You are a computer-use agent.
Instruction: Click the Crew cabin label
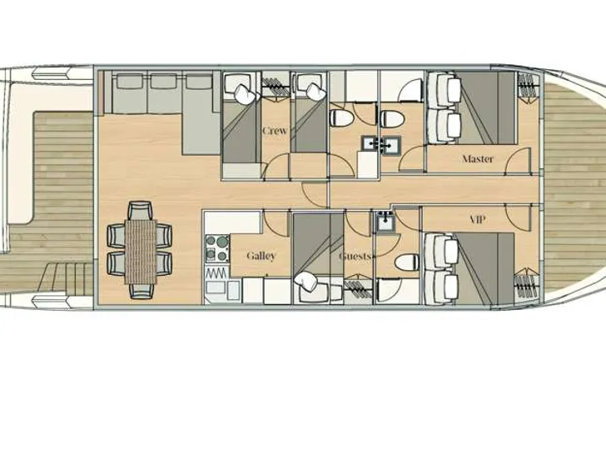pyautogui.click(x=275, y=131)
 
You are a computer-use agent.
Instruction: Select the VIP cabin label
pyautogui.click(x=477, y=220)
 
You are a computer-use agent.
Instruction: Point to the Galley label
pyautogui.click(x=261, y=256)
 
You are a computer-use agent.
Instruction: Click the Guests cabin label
pyautogui.click(x=355, y=257)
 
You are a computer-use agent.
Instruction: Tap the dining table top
pyautogui.click(x=140, y=249)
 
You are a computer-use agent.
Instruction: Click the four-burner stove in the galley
pyautogui.click(x=217, y=247)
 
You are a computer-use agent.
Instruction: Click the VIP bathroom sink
pyautogui.click(x=385, y=222)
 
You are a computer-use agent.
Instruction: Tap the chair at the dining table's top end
pyautogui.click(x=140, y=208)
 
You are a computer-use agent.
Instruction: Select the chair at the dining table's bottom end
pyautogui.click(x=140, y=290)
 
